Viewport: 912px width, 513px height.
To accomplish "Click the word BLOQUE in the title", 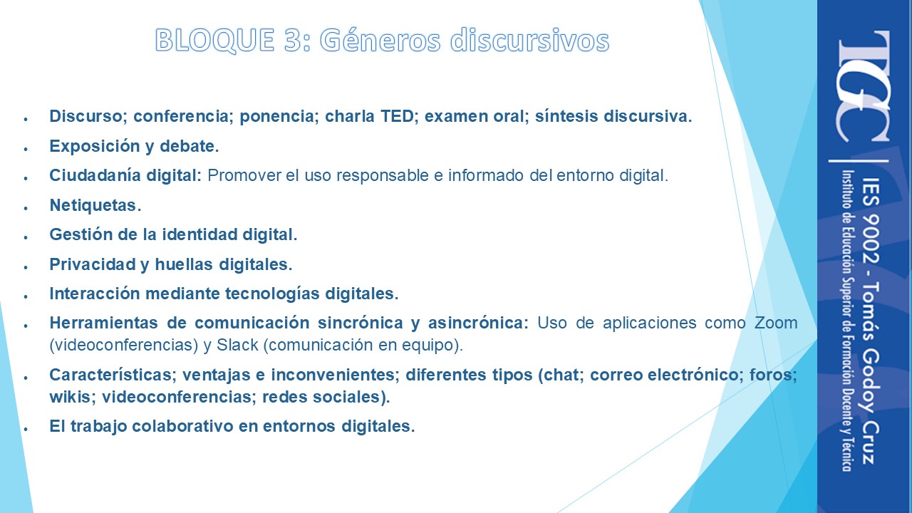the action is point(214,41).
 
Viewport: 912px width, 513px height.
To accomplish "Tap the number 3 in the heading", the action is point(294,40).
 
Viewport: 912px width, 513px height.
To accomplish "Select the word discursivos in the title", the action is point(529,40).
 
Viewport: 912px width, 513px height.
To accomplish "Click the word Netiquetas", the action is point(95,205).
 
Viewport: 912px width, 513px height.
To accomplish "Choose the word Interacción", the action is point(95,294).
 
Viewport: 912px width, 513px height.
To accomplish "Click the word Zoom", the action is point(776,323).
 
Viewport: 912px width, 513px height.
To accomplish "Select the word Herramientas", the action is point(104,323).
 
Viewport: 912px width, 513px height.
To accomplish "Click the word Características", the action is point(113,375).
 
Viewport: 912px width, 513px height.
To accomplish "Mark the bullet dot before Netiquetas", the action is point(26,208).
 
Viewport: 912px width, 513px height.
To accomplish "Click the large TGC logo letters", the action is point(862,86).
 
